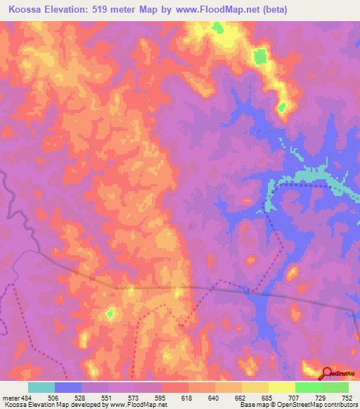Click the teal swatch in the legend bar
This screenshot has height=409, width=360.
coord(41,387)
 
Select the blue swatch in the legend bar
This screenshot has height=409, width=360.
coord(68,387)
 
